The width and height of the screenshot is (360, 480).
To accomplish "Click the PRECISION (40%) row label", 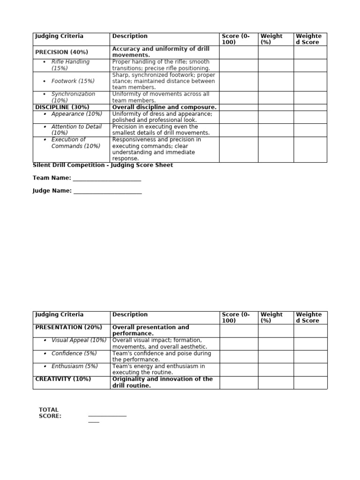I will [61, 52].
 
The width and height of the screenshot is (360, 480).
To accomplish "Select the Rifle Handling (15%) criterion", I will [70, 65].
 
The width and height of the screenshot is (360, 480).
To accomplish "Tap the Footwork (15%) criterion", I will [73, 81].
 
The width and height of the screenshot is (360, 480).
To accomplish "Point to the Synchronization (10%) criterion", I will [73, 97].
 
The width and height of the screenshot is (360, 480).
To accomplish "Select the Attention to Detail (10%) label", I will [76, 130].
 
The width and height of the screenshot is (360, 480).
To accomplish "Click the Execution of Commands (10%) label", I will [75, 143].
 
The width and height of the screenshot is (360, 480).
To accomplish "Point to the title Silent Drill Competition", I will [103, 165].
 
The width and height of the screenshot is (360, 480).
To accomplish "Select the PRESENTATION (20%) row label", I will [68, 327].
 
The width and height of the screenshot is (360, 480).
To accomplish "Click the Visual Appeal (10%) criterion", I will [79, 340].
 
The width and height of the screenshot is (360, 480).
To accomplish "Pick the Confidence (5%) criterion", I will [74, 353].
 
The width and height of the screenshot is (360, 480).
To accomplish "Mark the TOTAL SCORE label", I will [50, 413].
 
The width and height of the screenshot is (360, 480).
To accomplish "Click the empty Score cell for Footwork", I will [239, 82].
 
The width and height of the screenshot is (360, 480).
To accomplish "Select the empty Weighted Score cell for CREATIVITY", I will [310, 382].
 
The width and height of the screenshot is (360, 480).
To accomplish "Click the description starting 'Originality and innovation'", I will [162, 382].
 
